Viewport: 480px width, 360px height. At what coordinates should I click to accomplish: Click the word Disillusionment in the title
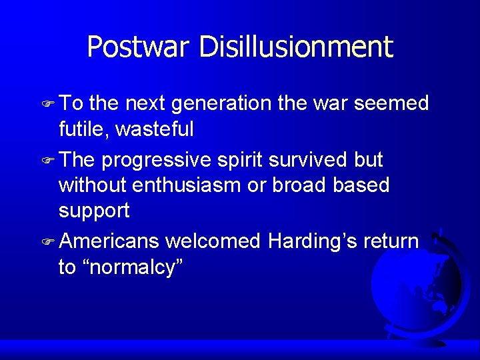click(x=295, y=47)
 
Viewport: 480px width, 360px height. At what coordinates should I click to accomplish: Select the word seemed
click(x=391, y=105)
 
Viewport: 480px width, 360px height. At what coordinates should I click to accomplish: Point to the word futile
click(x=83, y=129)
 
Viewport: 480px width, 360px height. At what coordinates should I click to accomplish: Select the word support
click(x=94, y=211)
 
